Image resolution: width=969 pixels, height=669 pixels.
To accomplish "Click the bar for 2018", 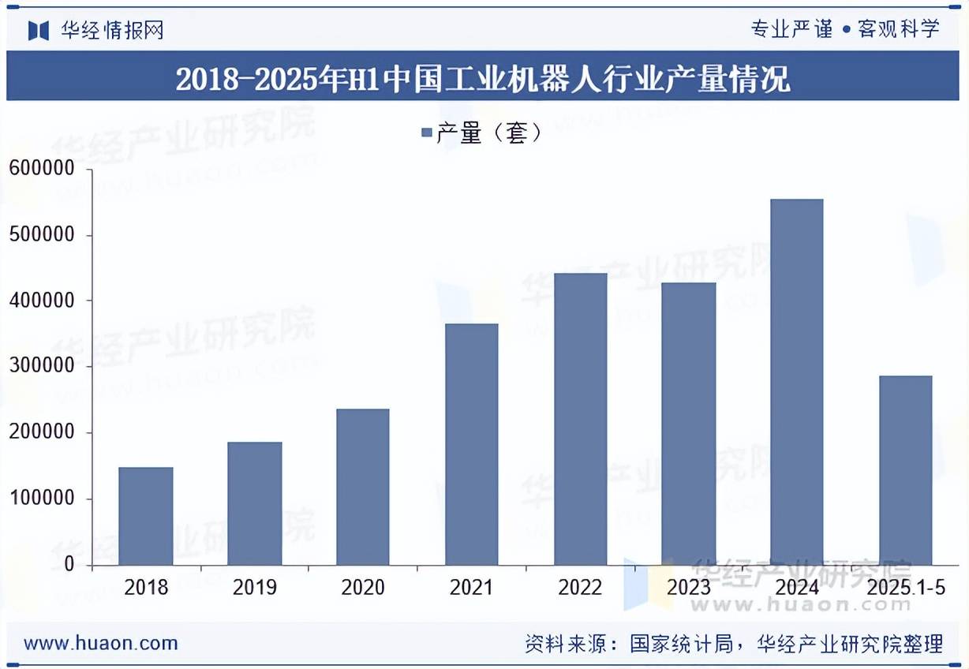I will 146,516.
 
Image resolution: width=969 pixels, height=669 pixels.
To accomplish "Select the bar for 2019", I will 254,503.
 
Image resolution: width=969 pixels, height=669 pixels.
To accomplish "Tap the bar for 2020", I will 362,487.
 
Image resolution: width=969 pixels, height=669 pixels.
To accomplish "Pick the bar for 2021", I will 471,444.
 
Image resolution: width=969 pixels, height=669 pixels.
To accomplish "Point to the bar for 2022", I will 580,419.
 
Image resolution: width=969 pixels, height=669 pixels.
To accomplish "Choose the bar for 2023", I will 689,424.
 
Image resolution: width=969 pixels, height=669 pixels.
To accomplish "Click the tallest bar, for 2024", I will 796,382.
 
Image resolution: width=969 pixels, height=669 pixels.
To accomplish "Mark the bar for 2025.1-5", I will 905,470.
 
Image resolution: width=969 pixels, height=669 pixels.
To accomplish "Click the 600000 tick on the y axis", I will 41,169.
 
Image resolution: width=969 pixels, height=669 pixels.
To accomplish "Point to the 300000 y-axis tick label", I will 41,367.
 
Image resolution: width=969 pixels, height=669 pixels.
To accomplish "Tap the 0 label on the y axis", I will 69,565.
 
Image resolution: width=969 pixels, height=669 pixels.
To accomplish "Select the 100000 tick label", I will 41,499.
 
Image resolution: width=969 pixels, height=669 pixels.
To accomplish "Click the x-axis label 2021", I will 471,588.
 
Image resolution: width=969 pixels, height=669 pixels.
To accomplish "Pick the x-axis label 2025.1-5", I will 906,588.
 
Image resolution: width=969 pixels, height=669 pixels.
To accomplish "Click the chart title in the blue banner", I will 483,80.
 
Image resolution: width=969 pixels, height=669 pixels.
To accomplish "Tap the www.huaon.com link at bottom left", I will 100,643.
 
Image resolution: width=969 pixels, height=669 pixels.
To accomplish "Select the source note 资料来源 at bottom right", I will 734,644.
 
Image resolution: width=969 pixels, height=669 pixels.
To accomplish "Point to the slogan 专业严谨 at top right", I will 791,30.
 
